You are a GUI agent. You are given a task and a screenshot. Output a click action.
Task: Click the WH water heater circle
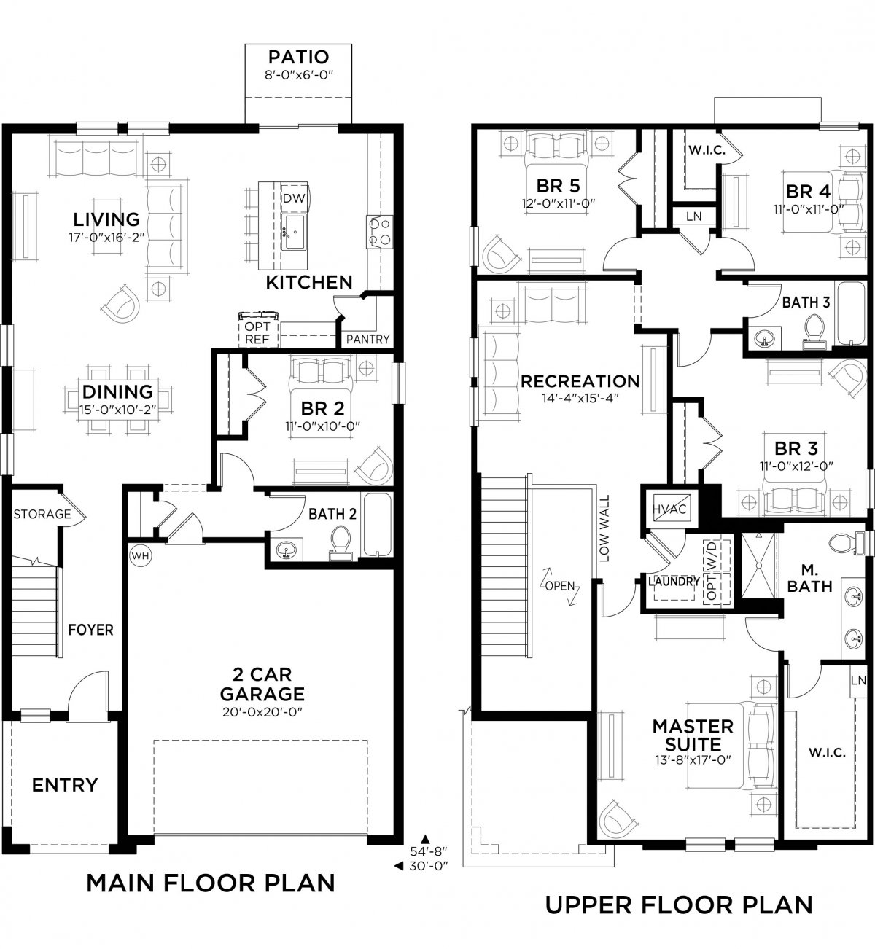140,556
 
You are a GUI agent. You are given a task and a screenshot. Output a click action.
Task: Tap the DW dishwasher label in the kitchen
294,198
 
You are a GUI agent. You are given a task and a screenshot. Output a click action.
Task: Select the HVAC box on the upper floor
669,509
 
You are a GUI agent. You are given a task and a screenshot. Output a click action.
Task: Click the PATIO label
298,58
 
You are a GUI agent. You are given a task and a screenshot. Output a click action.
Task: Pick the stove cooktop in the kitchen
380,232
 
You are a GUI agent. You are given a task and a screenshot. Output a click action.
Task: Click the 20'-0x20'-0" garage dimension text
262,712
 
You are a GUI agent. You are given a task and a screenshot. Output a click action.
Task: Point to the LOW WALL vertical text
604,528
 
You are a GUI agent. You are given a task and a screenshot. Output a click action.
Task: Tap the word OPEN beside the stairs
560,586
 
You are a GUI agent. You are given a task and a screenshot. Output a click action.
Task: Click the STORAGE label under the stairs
42,514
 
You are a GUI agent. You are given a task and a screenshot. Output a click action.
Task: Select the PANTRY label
368,339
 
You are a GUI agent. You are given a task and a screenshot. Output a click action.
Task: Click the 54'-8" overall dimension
429,851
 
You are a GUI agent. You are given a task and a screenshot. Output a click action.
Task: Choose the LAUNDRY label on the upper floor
674,582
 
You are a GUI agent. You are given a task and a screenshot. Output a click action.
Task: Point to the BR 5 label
559,186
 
